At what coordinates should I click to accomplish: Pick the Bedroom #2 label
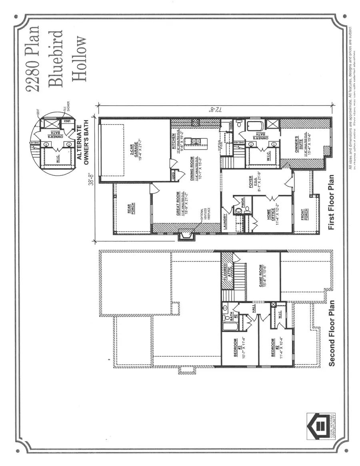tap(274, 347)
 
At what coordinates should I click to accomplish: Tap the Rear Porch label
tap(130, 209)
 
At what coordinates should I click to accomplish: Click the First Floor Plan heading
tap(331, 208)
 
